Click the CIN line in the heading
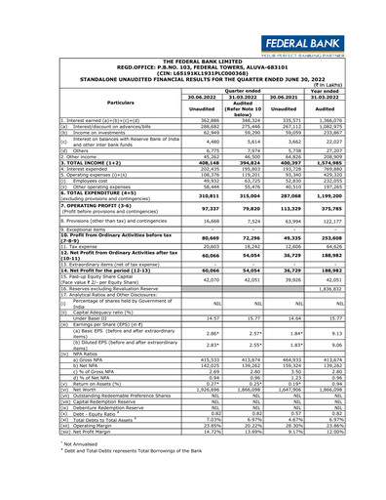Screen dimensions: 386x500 click(x=194, y=43)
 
